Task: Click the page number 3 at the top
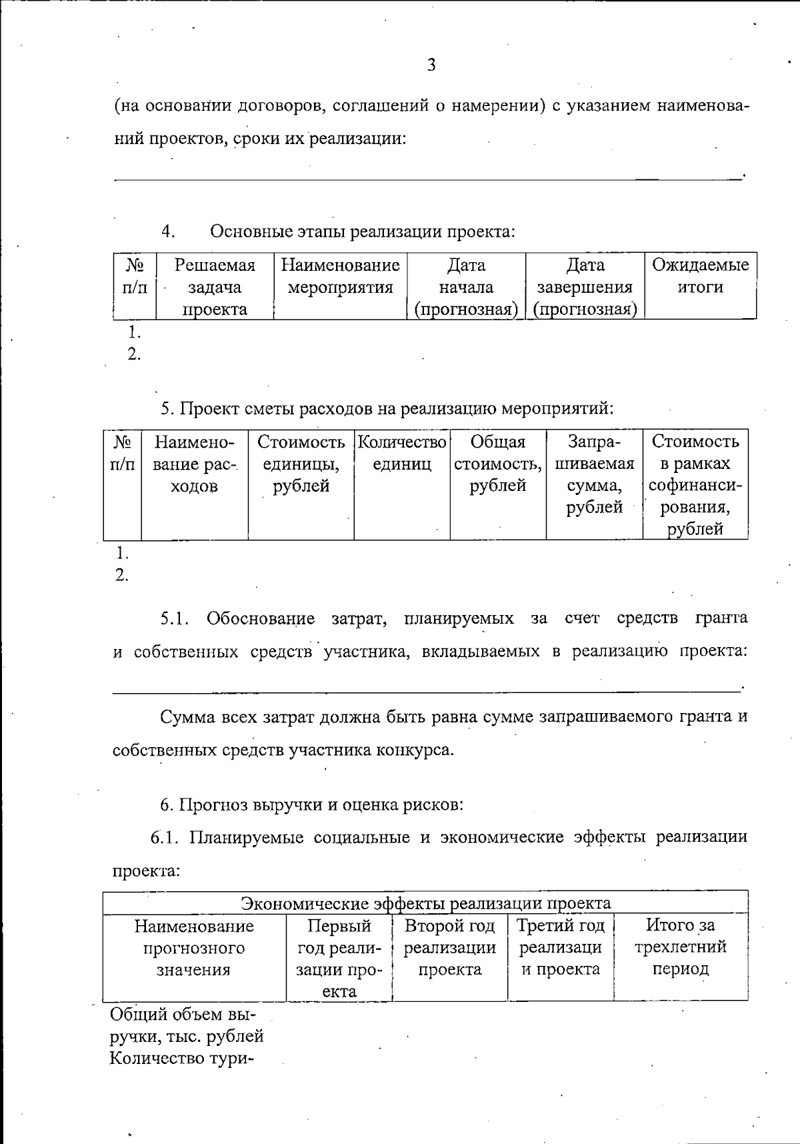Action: point(431,65)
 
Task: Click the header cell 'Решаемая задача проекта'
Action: point(215,287)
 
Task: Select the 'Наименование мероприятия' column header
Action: point(340,276)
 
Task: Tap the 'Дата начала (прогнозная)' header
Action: point(466,287)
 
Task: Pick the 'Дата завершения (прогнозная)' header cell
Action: point(585,287)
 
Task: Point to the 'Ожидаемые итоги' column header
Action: point(700,276)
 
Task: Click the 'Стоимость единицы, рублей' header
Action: point(301,464)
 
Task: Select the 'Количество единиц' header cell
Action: point(401,453)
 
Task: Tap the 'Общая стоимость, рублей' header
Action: point(497,464)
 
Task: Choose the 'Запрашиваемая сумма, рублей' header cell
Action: point(594,474)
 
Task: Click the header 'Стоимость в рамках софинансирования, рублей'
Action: point(695,485)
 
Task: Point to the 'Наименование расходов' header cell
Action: point(194,464)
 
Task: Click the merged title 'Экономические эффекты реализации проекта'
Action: point(425,903)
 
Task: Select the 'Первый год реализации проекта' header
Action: point(339,958)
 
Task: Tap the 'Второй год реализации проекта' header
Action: point(449,947)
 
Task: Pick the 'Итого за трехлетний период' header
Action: point(680,947)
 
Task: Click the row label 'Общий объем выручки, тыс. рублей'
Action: point(186,1025)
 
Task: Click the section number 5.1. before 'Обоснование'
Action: point(175,618)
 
